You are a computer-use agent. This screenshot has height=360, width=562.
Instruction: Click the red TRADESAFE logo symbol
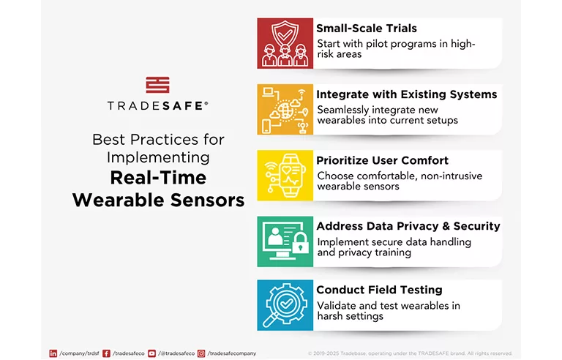click(x=157, y=85)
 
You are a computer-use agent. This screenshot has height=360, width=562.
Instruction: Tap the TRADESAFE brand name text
click(x=157, y=105)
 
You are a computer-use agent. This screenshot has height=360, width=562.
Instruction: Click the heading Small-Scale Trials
click(x=366, y=29)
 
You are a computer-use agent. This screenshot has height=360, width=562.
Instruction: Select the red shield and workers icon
click(x=285, y=43)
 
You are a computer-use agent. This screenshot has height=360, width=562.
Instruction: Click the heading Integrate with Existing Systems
click(x=406, y=94)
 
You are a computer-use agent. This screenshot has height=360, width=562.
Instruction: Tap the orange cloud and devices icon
click(x=285, y=109)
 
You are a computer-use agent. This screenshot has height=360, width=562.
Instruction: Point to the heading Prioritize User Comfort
click(x=382, y=160)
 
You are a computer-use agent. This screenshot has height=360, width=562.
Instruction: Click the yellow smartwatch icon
click(x=285, y=175)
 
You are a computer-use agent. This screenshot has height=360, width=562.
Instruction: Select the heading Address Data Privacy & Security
click(x=408, y=226)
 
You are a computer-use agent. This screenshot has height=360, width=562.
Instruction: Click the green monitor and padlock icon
click(x=285, y=241)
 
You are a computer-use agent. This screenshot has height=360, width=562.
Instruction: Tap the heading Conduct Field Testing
click(x=379, y=290)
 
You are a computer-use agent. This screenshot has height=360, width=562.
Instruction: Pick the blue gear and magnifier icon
click(x=285, y=305)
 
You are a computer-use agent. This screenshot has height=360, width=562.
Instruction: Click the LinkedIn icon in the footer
click(x=53, y=353)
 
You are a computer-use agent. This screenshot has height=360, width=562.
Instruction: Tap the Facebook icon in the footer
click(x=107, y=353)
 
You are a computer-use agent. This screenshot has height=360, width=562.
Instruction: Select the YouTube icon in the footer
click(x=152, y=353)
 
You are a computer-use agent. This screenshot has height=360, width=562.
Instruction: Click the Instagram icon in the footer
click(x=201, y=353)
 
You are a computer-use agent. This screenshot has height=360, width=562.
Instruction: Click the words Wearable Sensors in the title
click(x=158, y=200)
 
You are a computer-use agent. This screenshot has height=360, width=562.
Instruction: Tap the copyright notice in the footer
click(x=410, y=353)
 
